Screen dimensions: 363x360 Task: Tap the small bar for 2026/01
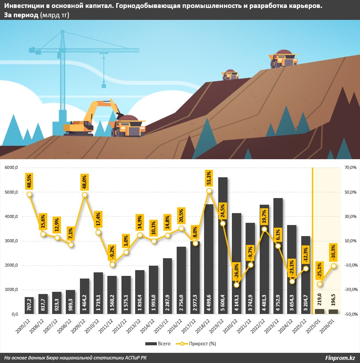point(333,311)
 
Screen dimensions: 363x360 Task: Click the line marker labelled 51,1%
point(209,191)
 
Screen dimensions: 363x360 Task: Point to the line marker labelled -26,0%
point(236,285)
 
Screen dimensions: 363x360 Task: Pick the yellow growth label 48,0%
point(84,181)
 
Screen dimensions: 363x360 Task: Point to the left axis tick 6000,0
point(10,168)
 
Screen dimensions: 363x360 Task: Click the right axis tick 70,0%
point(349,168)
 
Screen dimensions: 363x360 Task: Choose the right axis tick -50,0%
point(349,314)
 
